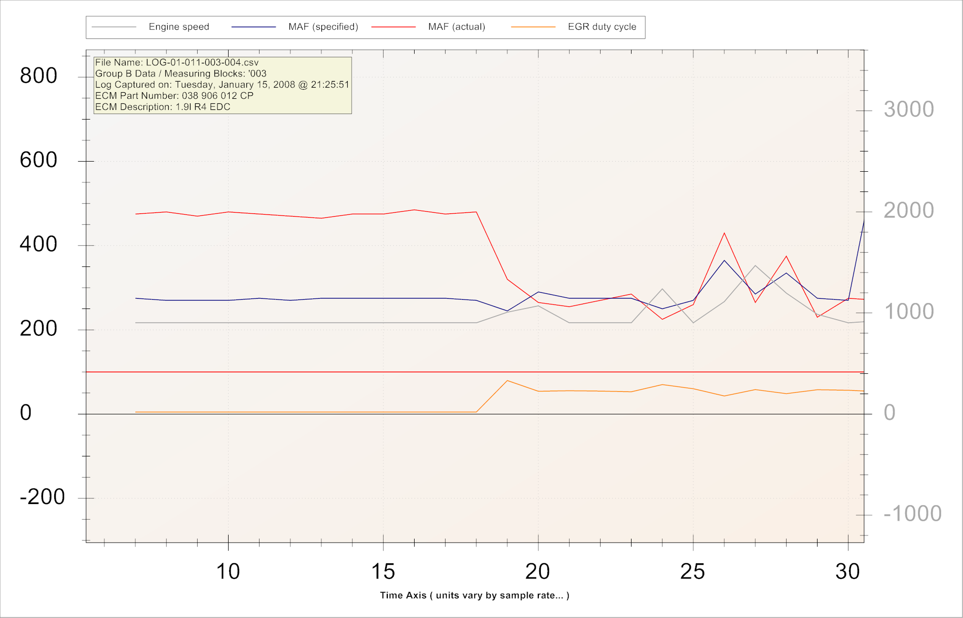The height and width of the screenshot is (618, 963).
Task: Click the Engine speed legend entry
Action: pos(178,27)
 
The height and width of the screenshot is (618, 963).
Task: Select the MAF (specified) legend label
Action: pos(323,27)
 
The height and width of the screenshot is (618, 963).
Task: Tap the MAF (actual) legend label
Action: pos(456,27)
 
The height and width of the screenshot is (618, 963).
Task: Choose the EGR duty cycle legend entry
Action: pos(602,27)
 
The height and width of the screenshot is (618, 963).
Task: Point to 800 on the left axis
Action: pos(39,76)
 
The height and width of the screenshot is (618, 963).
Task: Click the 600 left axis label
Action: pos(39,160)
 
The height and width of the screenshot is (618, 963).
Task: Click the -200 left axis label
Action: pos(43,497)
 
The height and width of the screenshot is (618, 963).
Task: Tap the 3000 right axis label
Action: pos(908,109)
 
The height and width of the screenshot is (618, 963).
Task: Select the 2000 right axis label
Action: pos(908,211)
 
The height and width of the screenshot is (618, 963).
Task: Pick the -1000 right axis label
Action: pos(912,514)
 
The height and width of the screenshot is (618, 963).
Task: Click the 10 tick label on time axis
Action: pos(228,572)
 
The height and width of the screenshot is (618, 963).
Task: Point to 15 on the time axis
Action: pos(383,572)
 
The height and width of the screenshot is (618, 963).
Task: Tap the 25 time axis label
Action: pos(693,572)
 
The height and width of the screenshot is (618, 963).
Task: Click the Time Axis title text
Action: pos(474,596)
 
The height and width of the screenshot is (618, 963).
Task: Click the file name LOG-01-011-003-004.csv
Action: pos(202,63)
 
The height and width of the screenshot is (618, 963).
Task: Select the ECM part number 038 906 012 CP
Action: pos(217,96)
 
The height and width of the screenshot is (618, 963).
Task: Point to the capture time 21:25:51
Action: pos(330,85)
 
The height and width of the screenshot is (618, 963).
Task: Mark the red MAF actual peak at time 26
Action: pos(724,233)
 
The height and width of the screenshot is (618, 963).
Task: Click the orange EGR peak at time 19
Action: pos(507,380)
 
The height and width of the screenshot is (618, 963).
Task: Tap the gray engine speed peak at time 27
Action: pos(755,265)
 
